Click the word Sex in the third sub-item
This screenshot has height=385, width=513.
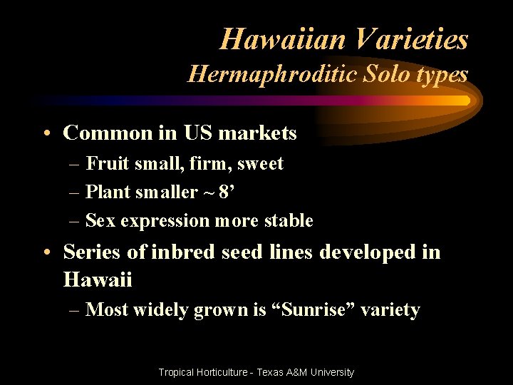tap(100, 221)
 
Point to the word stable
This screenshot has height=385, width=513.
tap(289, 221)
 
